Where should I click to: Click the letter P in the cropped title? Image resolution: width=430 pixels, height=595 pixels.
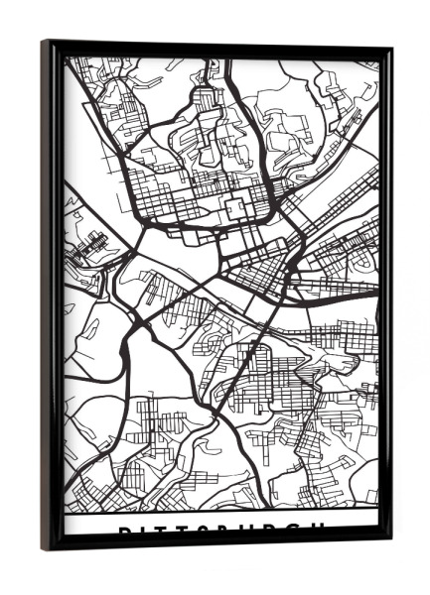124,530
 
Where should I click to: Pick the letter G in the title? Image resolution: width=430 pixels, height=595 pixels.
299,530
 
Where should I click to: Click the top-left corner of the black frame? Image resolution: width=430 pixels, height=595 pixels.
44,42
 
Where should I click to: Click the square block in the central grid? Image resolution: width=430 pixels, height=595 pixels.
237,209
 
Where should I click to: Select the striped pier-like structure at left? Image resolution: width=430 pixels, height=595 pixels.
90,243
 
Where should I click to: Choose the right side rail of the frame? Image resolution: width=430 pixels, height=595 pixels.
385,297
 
